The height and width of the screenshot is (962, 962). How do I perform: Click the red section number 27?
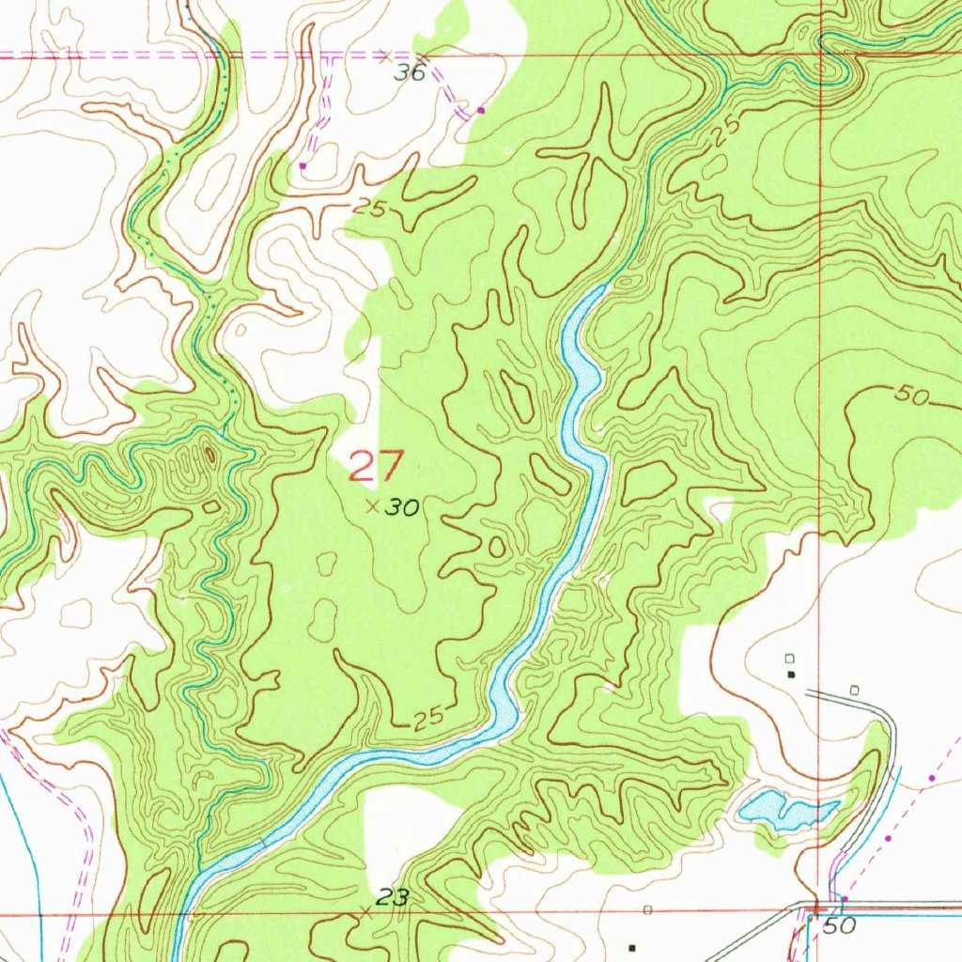377,466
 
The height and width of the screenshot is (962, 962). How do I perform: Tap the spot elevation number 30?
404,508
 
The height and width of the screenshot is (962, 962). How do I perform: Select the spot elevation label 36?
411,72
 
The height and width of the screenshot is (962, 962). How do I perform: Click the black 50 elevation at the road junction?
842,926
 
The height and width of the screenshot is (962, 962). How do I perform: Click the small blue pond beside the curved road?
786,809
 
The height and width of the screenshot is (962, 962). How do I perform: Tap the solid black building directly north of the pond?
791,674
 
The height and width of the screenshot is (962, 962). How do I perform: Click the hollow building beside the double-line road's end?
854,690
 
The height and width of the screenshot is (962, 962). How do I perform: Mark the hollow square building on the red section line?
647,909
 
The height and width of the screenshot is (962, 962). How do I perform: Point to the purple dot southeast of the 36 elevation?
482,110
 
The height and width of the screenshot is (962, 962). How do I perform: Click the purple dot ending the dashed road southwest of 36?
303,165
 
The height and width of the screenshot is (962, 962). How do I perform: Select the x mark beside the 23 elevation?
365,910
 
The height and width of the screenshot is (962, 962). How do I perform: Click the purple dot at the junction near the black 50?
844,899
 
